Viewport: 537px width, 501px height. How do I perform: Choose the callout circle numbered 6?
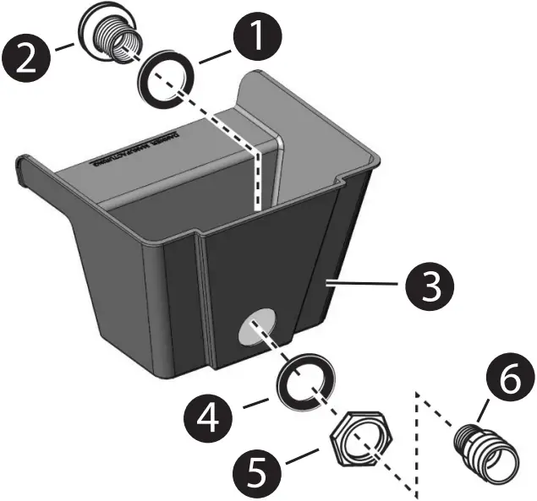click(507, 381)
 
